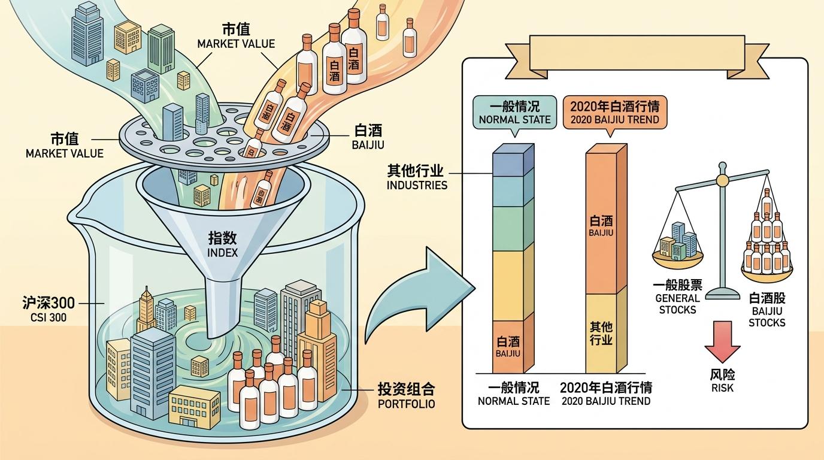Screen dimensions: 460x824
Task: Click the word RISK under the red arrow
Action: tap(722, 388)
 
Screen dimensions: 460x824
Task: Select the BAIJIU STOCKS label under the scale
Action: tap(767, 310)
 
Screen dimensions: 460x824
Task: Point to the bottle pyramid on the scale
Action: tap(767, 237)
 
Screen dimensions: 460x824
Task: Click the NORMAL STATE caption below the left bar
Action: tap(513, 394)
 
